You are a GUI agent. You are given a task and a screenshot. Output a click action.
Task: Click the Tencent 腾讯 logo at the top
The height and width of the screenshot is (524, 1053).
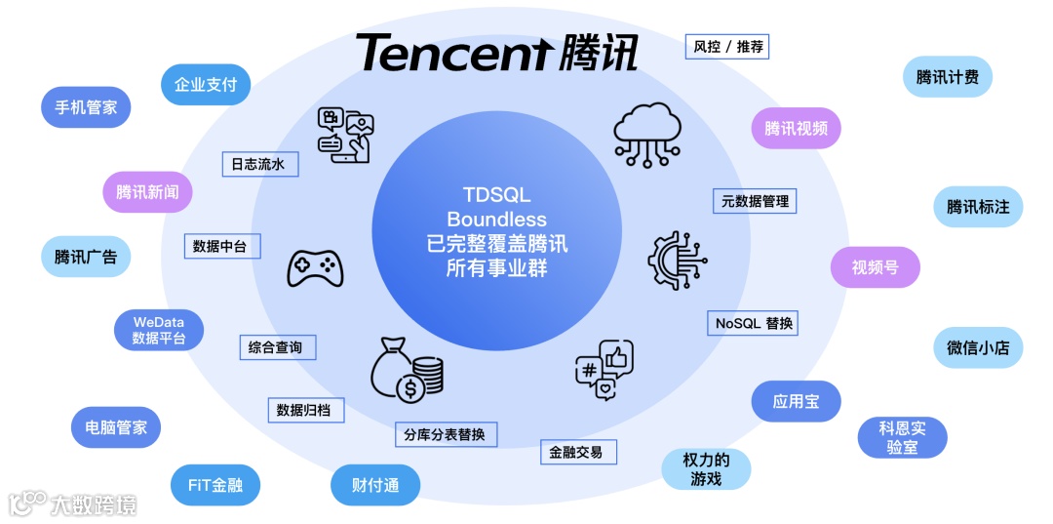coord(496,52)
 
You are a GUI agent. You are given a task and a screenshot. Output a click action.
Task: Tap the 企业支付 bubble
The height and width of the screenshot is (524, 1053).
coord(206,84)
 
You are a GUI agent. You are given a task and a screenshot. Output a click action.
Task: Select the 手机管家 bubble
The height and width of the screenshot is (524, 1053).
coord(86,107)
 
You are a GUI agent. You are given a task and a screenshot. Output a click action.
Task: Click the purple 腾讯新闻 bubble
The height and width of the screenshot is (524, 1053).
coord(147,192)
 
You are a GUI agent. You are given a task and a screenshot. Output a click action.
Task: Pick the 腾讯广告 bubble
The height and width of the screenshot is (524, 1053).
coord(86,257)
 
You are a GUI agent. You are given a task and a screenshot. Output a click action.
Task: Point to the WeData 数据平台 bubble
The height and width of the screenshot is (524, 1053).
coord(158,330)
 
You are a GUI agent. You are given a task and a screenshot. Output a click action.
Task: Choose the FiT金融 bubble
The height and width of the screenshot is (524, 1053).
coord(215,485)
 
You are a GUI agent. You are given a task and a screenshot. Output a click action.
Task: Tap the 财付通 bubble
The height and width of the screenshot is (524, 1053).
coord(375,485)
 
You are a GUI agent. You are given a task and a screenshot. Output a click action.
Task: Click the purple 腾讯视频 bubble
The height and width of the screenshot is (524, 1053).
coord(796,128)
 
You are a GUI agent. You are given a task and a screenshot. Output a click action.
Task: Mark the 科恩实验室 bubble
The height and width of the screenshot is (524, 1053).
coord(902,437)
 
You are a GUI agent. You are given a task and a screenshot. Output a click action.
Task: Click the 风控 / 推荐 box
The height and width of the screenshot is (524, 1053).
coord(728,46)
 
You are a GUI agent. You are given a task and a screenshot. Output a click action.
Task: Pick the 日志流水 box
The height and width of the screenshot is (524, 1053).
coord(258,164)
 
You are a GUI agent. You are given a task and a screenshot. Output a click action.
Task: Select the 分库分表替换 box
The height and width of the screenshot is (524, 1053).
coord(445,434)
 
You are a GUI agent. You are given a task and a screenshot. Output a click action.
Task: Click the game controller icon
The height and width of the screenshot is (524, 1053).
coord(314,266)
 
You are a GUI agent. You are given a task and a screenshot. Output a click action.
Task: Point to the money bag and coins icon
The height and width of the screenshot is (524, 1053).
coord(407,368)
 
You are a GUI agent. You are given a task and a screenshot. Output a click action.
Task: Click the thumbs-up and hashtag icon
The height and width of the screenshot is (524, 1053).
coord(603,371)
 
